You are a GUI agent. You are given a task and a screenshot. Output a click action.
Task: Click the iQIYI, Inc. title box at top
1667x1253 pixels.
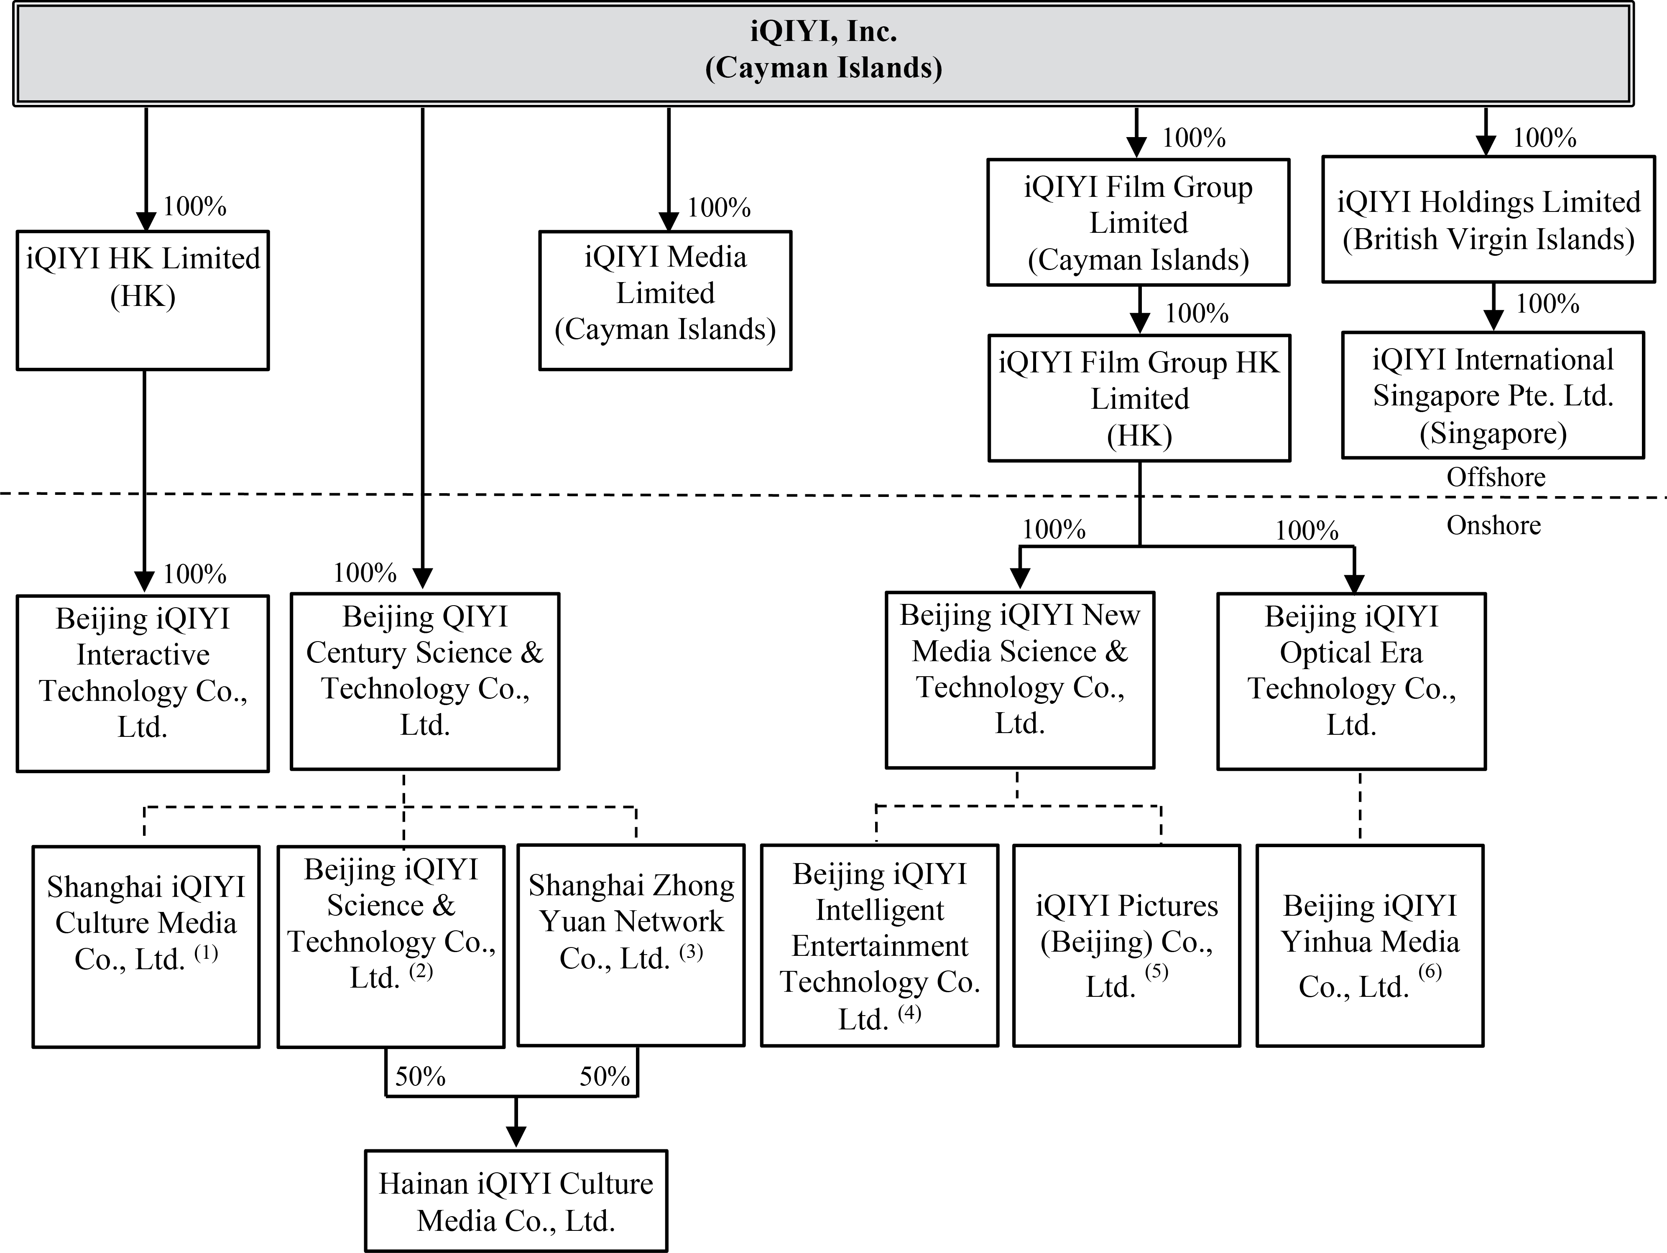click(823, 51)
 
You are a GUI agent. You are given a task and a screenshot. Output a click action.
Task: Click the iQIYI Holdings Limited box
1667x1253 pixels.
click(1488, 220)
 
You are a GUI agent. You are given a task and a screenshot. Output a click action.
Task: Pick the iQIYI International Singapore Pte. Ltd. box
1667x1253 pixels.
click(1492, 395)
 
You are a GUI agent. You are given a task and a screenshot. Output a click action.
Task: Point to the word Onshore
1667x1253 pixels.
click(1493, 525)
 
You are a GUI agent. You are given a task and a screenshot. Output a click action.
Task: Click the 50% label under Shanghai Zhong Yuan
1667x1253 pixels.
click(604, 1076)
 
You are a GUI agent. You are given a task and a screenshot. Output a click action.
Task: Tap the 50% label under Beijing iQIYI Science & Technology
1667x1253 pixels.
click(420, 1076)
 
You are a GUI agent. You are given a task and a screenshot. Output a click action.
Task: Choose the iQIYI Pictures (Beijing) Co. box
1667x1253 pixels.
click(1126, 945)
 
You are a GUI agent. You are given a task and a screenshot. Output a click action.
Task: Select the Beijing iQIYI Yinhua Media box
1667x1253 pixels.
click(1369, 945)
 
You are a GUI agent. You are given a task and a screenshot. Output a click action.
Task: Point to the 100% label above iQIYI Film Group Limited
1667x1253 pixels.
click(1194, 138)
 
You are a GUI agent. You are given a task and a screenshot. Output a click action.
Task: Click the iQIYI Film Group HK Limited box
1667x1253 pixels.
click(1139, 398)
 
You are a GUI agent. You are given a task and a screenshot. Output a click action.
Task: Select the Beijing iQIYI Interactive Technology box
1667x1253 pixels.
click(143, 683)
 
